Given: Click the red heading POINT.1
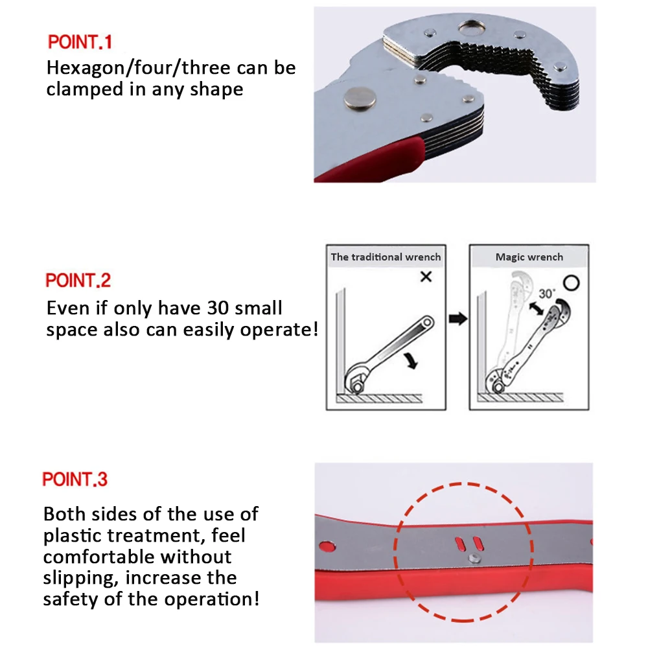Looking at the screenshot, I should tap(80, 42).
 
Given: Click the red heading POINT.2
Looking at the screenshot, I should tap(78, 281).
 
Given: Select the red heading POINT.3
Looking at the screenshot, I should tap(75, 480).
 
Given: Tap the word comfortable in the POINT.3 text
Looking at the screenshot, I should tap(99, 557).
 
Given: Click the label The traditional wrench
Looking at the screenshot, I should tap(386, 257).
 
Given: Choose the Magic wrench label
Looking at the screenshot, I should tap(529, 257).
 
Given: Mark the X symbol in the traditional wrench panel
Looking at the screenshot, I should tap(426, 277).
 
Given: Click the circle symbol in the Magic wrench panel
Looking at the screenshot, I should tap(570, 284).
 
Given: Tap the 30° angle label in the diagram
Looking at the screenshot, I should tap(546, 294).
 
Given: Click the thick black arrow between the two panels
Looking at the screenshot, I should tap(458, 319).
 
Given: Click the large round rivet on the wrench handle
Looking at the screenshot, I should tap(361, 98).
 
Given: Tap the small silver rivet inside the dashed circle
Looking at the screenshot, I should tap(474, 555).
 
